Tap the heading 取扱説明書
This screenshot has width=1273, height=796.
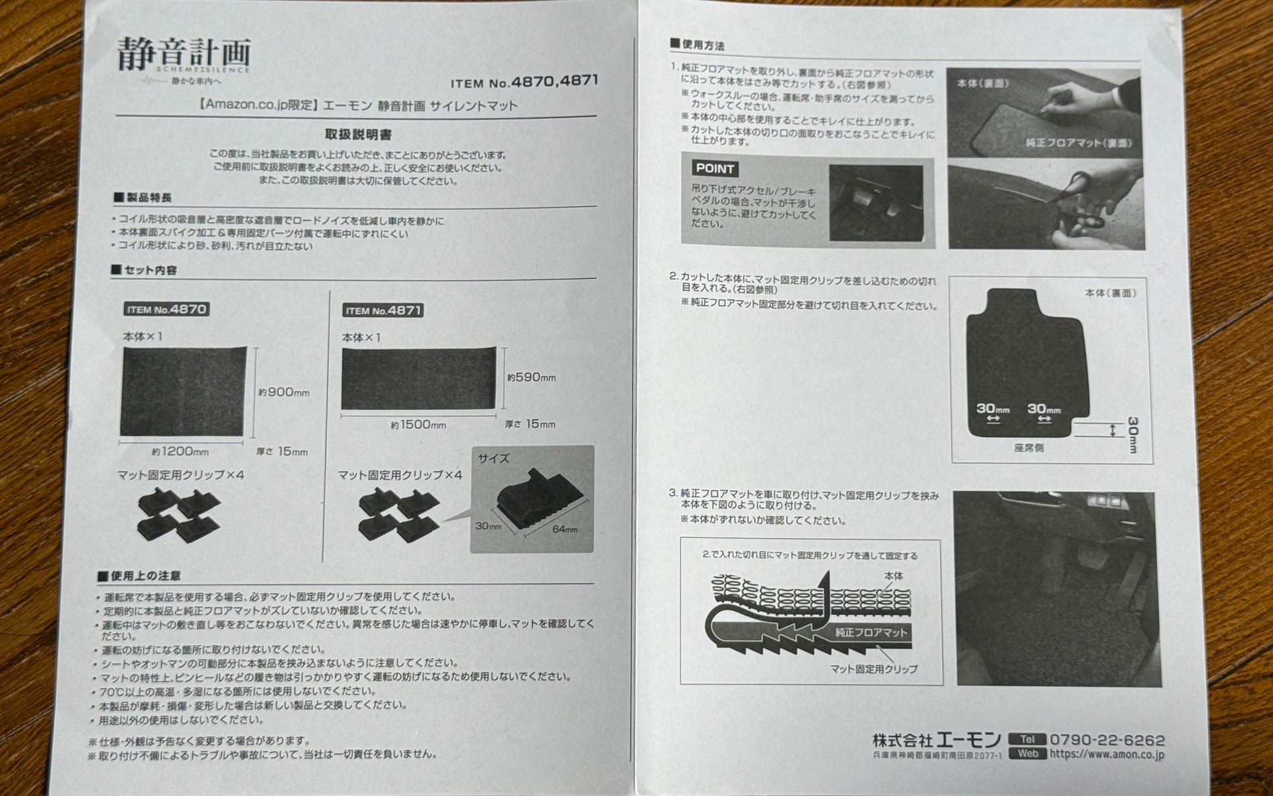pos(358,135)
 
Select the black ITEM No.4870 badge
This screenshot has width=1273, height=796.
pos(166,310)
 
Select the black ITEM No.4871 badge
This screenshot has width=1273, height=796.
pos(383,310)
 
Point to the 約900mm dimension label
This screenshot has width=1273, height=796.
pos(284,392)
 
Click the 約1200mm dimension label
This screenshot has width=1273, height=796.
pos(180,452)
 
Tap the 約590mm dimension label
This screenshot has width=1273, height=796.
pos(531,377)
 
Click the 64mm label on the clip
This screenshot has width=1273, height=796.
pos(564,529)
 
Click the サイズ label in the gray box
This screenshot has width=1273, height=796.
pos(493,458)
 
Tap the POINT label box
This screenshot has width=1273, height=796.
pos(715,168)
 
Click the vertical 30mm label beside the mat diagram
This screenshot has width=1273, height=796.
pos(1132,434)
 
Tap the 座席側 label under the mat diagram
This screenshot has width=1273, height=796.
pos(1028,448)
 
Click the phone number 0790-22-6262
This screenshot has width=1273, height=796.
pos(1107,740)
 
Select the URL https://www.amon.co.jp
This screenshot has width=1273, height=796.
pos(1107,754)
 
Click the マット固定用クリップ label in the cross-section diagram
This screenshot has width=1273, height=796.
pos(873,669)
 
